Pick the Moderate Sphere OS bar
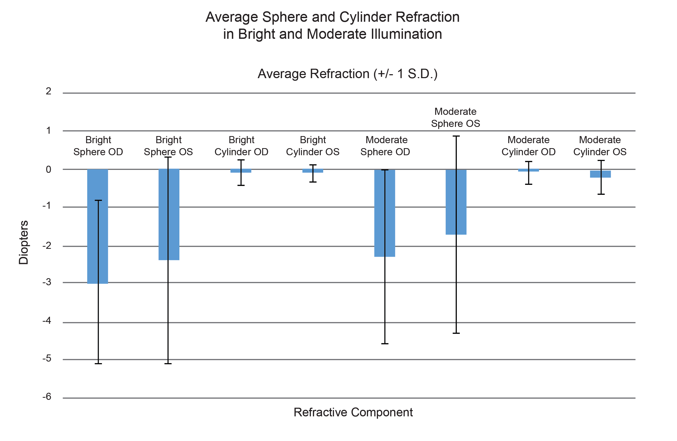[x=461, y=202]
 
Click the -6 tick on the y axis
[x=47, y=397]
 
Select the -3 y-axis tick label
[x=47, y=282]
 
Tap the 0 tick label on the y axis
[x=49, y=169]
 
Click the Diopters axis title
[x=24, y=242]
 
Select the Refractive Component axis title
[x=353, y=412]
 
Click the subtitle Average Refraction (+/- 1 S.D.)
[x=347, y=74]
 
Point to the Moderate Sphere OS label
[x=455, y=117]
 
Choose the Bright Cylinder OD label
[x=241, y=146]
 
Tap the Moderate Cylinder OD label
[x=528, y=146]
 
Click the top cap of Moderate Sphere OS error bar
[x=456, y=136]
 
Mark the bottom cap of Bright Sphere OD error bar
[x=98, y=364]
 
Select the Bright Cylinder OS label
[x=313, y=146]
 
